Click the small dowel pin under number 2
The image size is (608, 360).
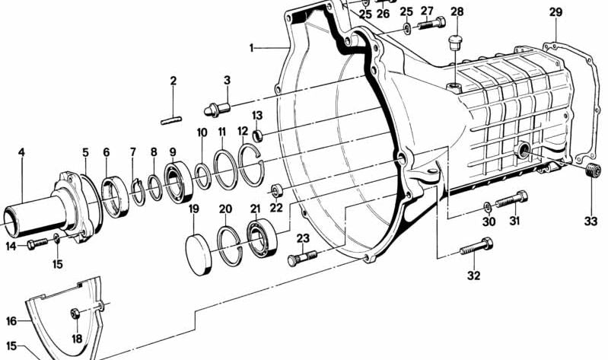171,121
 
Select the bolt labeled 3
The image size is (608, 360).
217,109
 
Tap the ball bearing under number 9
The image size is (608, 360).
178,183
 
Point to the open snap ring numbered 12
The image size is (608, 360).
251,163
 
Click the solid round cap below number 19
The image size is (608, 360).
199,255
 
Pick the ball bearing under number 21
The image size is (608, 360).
262,237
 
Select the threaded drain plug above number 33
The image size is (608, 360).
594,170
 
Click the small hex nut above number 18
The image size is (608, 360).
75,313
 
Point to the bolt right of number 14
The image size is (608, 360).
37,244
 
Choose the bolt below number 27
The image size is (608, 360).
431,24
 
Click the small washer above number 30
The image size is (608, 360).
488,207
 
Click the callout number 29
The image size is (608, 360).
555,12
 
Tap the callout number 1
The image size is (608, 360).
251,48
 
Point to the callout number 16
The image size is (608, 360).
11,321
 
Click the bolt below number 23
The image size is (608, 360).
302,258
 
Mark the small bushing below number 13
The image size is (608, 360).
257,135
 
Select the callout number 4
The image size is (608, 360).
21,152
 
